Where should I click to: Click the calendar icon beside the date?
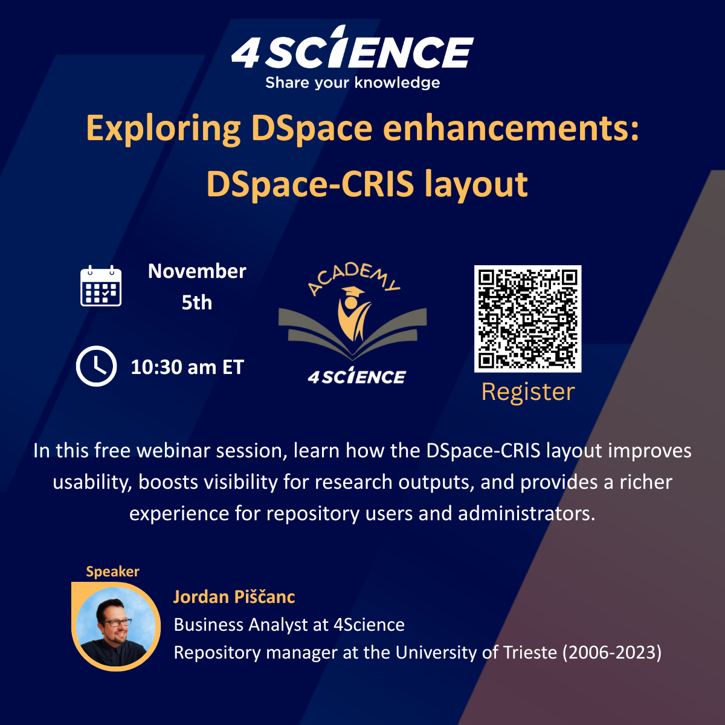point(101,286)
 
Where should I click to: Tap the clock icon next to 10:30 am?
point(96,366)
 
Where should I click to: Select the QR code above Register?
point(527,318)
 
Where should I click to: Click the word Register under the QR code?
point(528,393)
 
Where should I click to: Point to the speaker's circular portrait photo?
point(116,627)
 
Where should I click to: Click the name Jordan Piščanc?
point(234,597)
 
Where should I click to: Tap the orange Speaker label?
point(112,572)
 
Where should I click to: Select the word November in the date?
point(197,271)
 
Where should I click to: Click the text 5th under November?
point(197,302)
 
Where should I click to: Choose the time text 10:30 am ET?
point(187,367)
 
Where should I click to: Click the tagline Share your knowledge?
point(352,83)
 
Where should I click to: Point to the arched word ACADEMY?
point(353,278)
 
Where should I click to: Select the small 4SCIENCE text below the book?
point(356,376)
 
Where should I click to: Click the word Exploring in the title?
point(163,129)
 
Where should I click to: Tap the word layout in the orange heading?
point(476,185)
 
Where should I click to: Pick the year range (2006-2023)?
point(612,652)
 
